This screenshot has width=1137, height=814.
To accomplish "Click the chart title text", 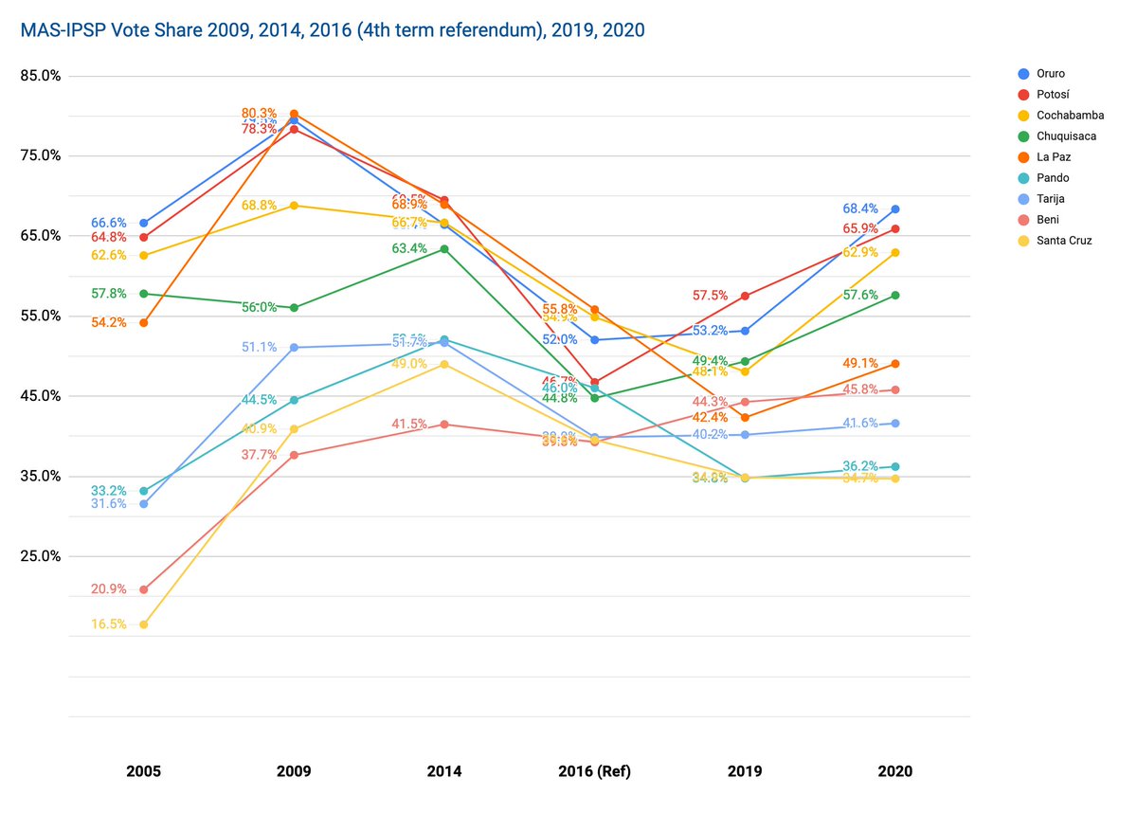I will click(x=333, y=30).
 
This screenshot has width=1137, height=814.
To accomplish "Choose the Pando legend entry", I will click(x=1054, y=178).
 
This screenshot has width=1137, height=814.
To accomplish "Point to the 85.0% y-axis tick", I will click(x=41, y=76).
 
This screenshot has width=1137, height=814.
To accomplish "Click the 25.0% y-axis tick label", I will click(x=41, y=556).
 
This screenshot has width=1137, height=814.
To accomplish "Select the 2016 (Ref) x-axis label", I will click(x=594, y=771).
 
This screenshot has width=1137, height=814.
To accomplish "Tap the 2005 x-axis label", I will click(x=143, y=771).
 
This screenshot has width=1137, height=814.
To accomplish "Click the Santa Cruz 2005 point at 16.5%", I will click(x=143, y=624).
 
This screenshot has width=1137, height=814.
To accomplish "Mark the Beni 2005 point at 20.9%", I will click(x=143, y=589).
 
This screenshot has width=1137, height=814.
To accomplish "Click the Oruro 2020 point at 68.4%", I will click(x=895, y=209).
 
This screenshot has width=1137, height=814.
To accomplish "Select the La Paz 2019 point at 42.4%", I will click(x=745, y=417).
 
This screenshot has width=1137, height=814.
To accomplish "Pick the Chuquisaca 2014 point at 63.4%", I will click(x=444, y=249).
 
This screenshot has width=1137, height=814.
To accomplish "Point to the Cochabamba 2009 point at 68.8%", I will click(x=294, y=206).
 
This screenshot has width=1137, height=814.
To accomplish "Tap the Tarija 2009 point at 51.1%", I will click(x=294, y=348).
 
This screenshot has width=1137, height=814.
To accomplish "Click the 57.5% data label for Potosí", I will click(x=711, y=296).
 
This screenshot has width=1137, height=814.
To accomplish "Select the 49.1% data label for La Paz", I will click(x=861, y=363).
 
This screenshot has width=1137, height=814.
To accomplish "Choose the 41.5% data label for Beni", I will click(x=409, y=424).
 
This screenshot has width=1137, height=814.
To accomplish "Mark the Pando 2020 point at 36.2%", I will click(x=895, y=466).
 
